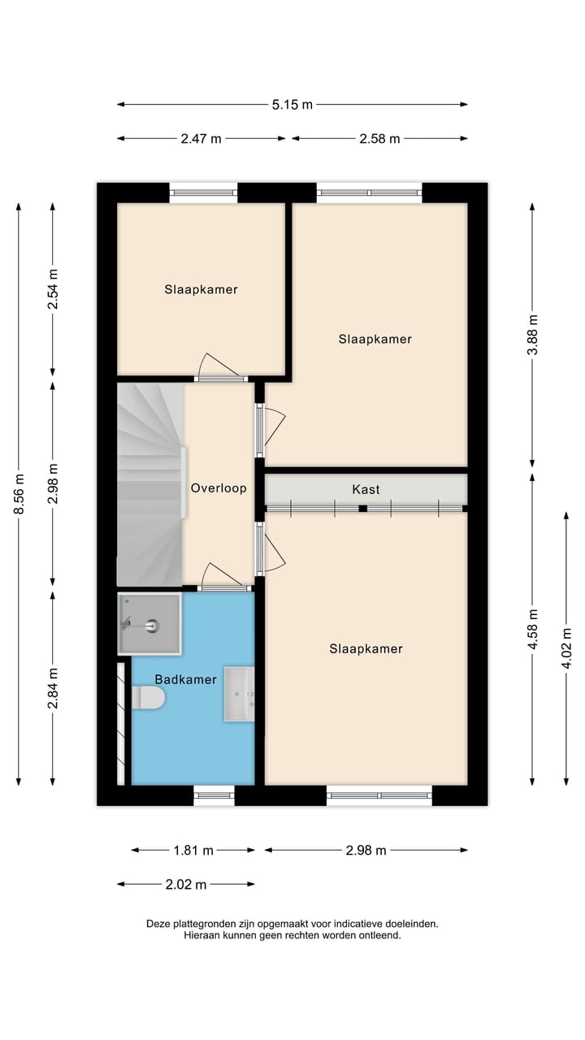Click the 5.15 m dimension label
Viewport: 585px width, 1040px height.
292,104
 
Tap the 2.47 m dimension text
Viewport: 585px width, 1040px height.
201,138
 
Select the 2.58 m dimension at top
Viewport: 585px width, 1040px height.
379,138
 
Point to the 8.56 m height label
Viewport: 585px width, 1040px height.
19,494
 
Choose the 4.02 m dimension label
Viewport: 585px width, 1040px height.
566,647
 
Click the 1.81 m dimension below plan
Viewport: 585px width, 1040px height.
193,850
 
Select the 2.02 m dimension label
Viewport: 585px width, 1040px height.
185,884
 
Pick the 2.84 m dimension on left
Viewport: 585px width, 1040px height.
53,687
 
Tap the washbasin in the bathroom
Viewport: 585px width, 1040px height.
240,694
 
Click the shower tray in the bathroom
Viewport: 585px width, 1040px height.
149,624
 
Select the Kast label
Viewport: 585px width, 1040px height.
366,489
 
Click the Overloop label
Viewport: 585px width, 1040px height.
219,488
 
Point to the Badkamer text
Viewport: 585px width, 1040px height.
186,678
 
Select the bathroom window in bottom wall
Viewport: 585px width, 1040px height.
214,795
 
